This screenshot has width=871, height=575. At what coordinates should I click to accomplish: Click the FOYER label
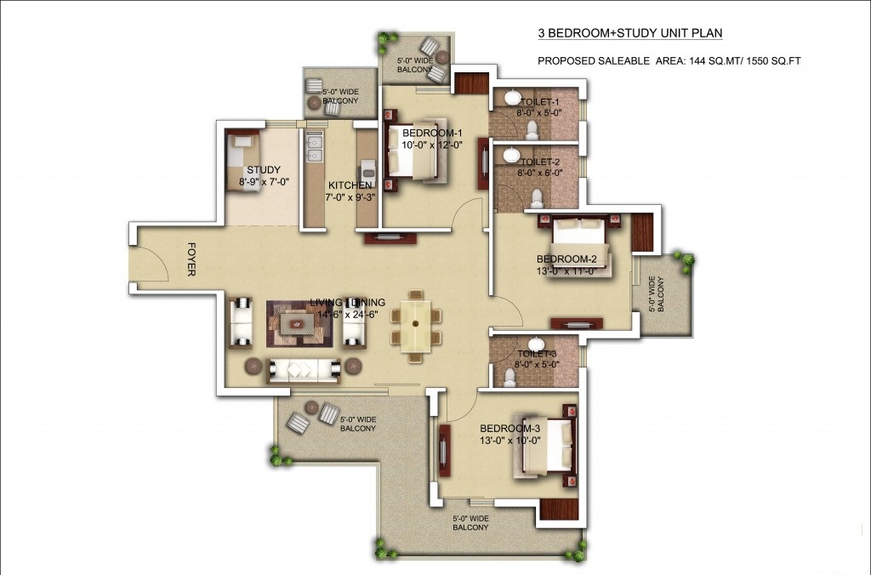click(191, 259)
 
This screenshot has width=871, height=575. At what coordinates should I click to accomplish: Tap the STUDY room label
click(264, 170)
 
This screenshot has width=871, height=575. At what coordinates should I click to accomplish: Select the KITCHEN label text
click(350, 185)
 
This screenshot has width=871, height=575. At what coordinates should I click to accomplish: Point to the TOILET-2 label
click(540, 162)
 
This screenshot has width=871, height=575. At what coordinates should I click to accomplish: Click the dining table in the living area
click(415, 325)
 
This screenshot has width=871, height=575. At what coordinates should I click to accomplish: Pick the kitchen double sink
click(314, 148)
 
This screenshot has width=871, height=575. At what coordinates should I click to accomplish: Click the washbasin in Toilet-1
click(511, 97)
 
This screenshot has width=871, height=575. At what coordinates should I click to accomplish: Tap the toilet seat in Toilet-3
click(510, 377)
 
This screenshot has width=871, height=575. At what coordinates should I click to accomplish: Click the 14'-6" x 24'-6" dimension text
click(347, 314)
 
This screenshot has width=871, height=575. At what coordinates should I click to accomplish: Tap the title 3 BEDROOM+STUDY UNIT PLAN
click(630, 33)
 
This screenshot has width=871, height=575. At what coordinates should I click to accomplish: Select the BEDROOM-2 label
click(566, 259)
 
